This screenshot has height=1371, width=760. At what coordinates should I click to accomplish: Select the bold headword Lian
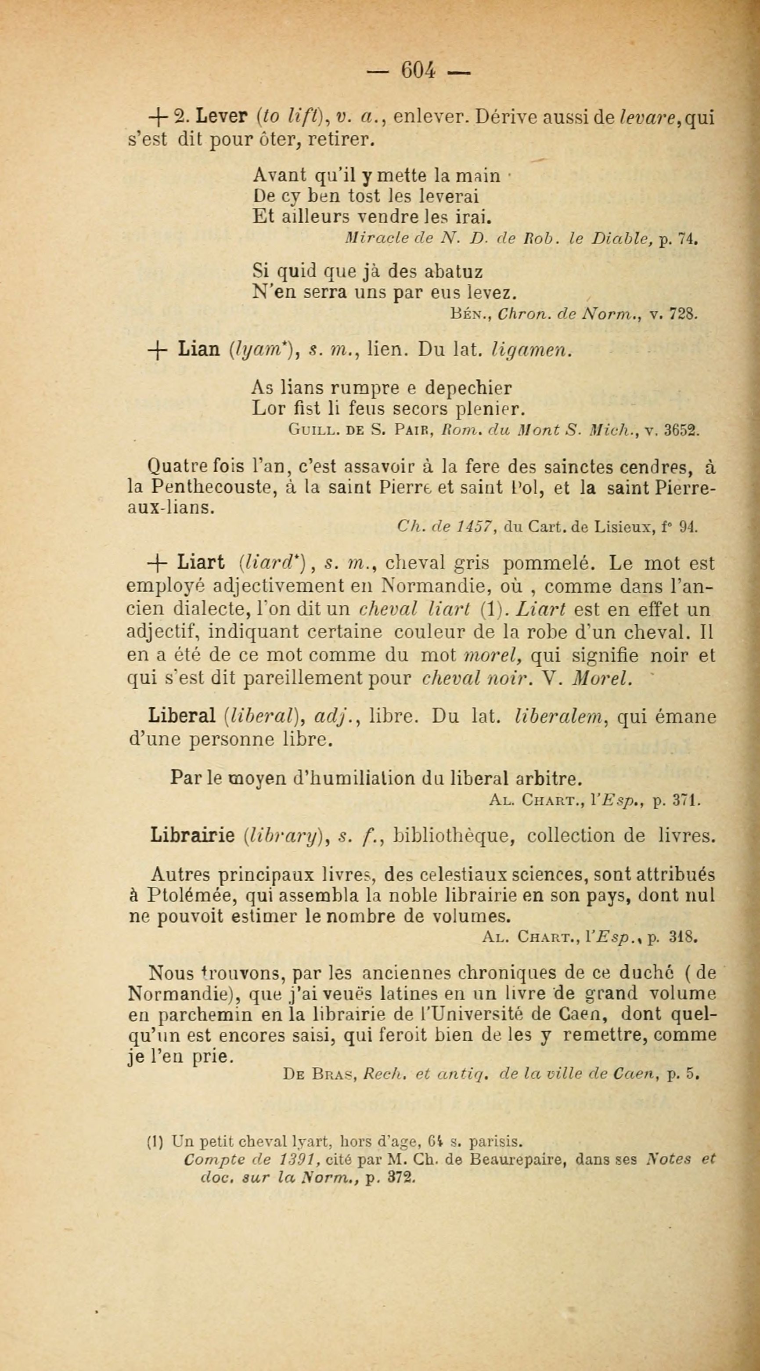199,349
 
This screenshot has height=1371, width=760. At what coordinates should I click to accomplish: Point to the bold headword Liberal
182,716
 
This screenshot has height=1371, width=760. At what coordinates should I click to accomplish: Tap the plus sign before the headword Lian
158,350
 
